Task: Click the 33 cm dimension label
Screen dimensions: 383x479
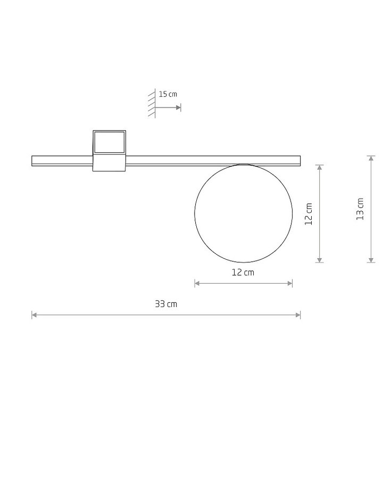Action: click(166, 304)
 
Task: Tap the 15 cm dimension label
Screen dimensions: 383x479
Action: click(168, 94)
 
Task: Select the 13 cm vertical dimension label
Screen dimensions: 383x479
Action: click(360, 209)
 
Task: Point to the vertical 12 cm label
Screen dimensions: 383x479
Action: click(309, 214)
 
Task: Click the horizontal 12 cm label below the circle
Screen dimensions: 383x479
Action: click(243, 272)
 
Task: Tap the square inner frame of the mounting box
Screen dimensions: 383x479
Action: click(110, 132)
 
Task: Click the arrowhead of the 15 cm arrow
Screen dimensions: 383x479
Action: click(179, 108)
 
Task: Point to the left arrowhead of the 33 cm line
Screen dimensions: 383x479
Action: click(34, 315)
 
